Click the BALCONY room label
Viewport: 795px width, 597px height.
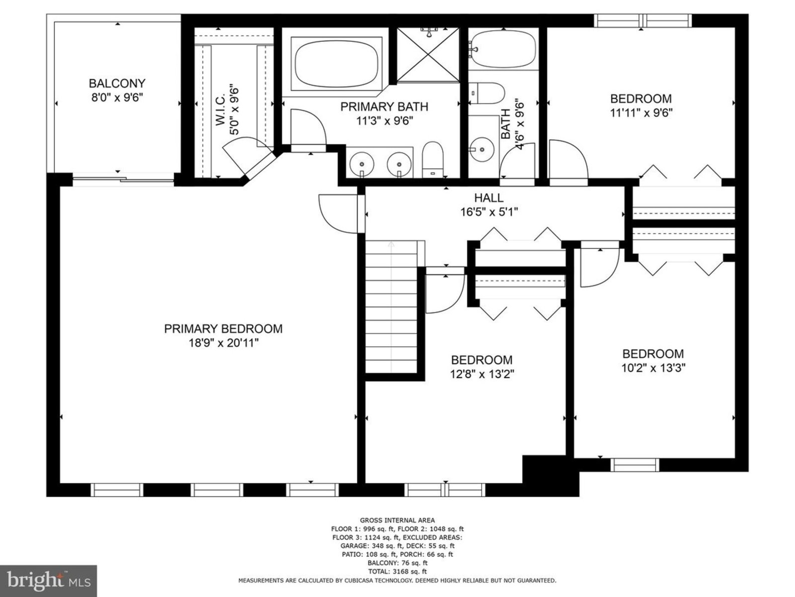click(117, 84)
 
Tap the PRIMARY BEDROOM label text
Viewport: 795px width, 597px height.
click(223, 329)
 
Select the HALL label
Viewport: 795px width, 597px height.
click(488, 198)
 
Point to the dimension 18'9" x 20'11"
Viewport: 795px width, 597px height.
click(223, 343)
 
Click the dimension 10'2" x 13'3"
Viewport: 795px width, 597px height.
click(653, 368)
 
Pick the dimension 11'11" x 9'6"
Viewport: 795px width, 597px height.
click(641, 113)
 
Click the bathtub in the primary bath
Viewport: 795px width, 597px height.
click(336, 64)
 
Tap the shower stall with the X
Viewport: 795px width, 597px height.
click(428, 55)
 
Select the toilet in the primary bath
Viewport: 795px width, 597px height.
click(433, 160)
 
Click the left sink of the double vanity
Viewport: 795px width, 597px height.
click(361, 164)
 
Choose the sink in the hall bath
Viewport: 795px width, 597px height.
click(481, 149)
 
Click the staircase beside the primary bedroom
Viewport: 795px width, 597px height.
click(391, 306)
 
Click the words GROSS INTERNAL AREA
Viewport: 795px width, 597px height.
click(397, 520)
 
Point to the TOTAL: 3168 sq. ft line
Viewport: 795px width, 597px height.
click(397, 572)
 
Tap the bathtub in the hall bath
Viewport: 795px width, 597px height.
click(502, 49)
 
